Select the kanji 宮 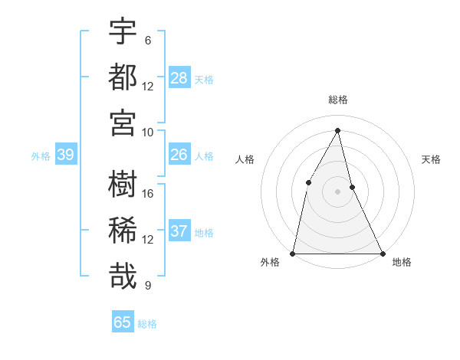click(123, 123)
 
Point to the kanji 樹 click(123, 185)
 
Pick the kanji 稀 click(123, 230)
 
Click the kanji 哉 click(123, 276)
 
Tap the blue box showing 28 click(179, 77)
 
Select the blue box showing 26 click(179, 155)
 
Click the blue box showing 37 click(179, 231)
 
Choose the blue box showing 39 click(66, 155)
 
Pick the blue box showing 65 click(123, 322)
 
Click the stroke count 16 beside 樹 click(148, 194)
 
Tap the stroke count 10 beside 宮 click(148, 132)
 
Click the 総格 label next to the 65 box click(147, 324)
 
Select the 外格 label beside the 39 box click(41, 156)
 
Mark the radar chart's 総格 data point click(337, 130)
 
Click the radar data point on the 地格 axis click(382, 253)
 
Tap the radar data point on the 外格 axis click(293, 253)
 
